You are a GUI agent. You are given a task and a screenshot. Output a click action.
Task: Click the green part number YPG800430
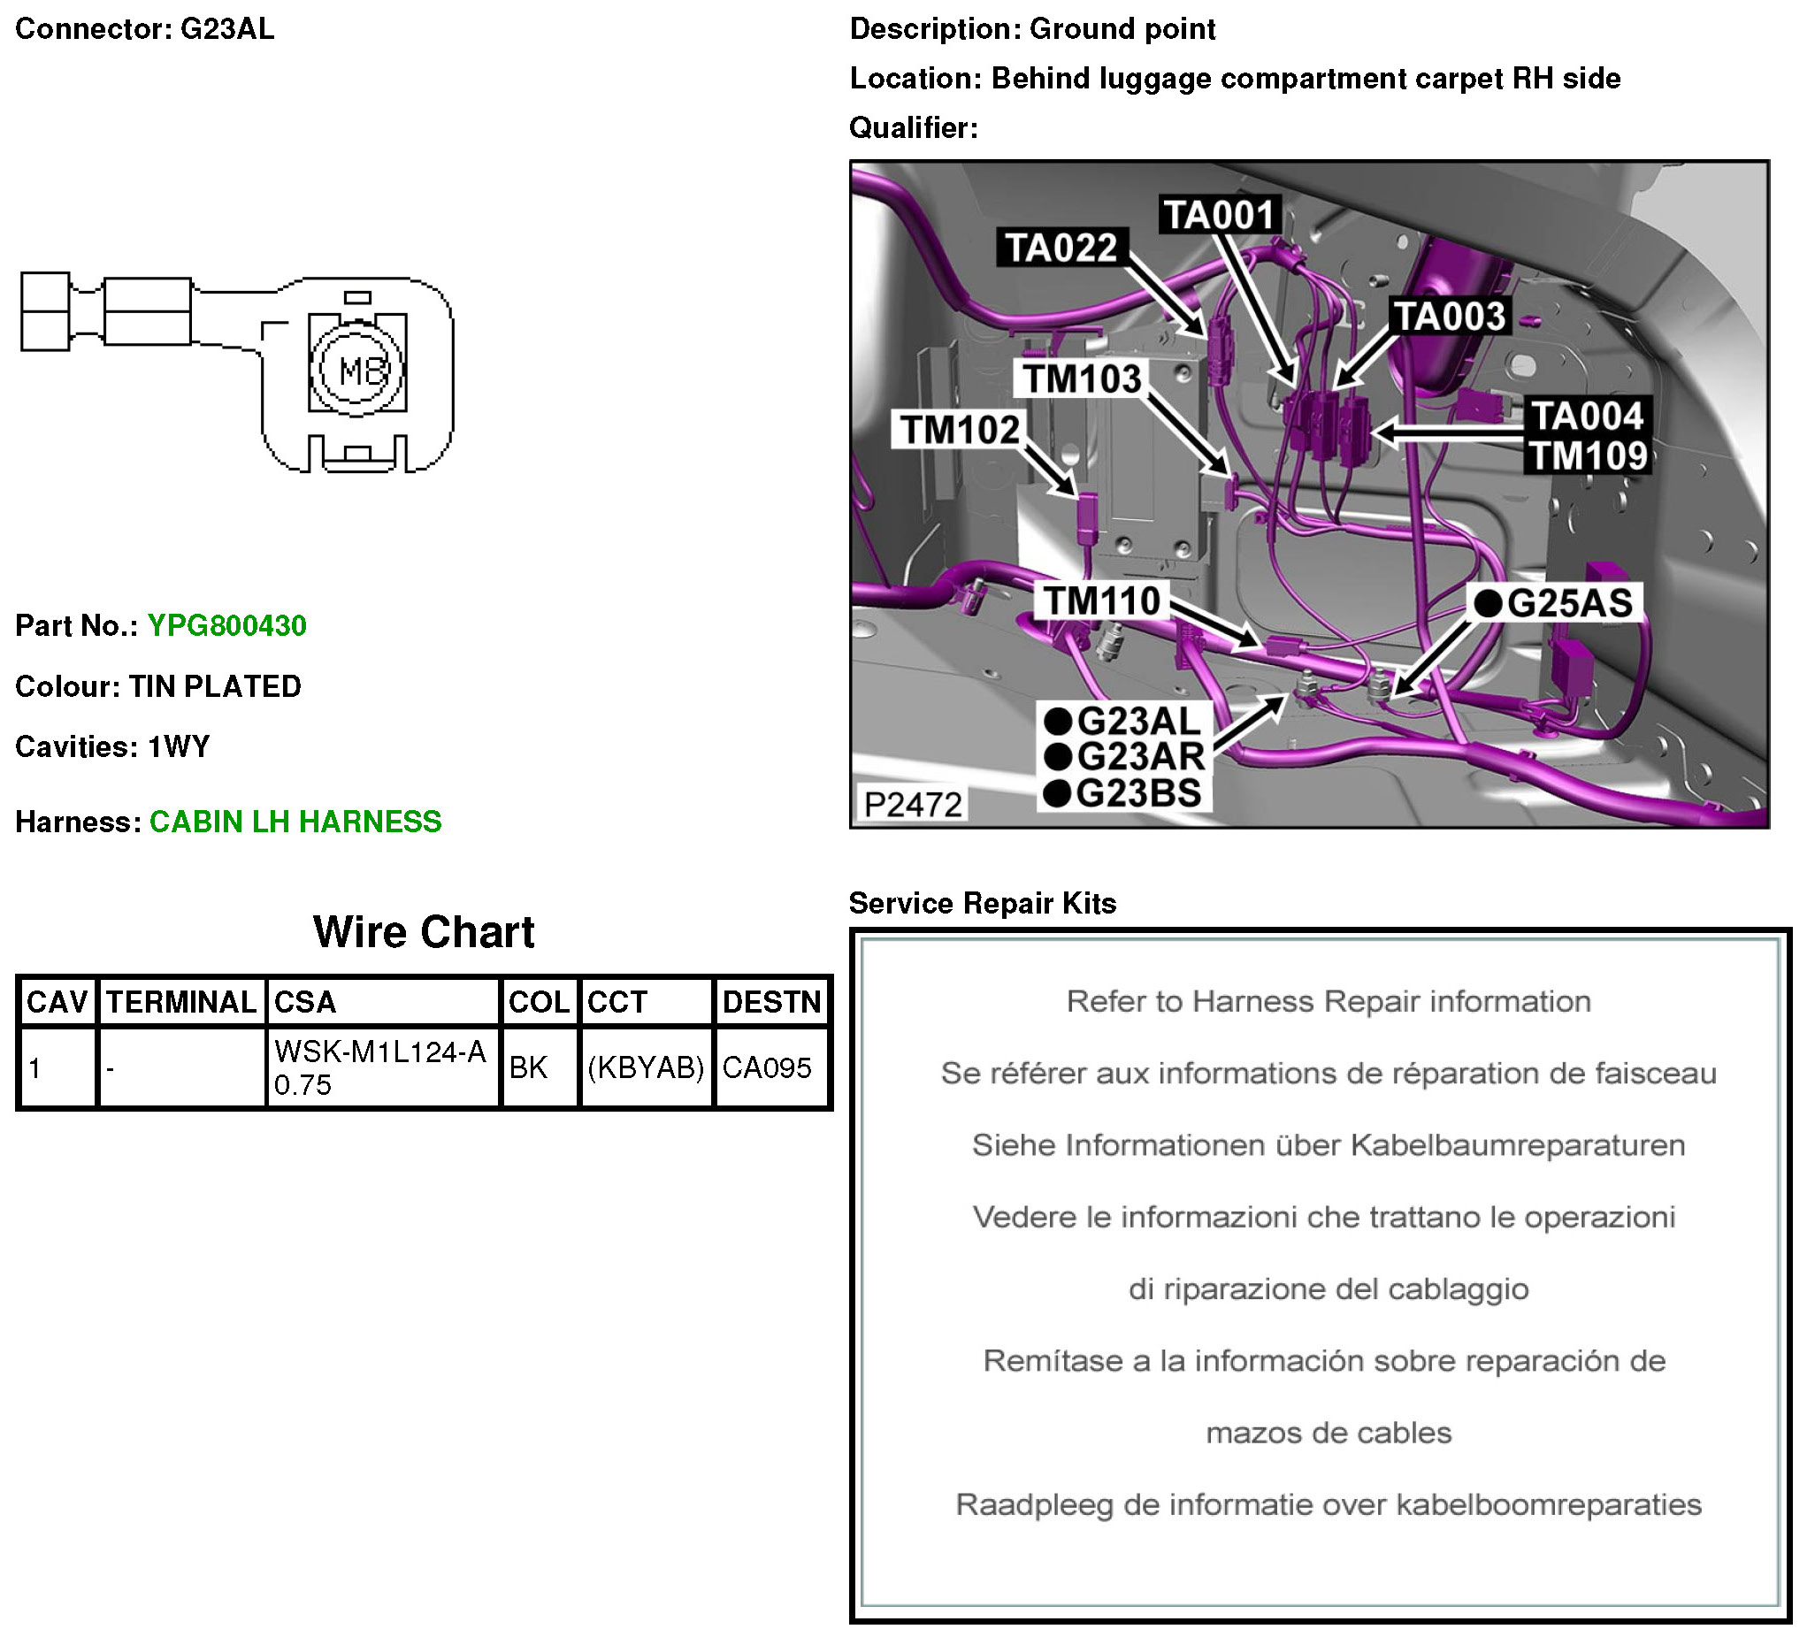point(226,625)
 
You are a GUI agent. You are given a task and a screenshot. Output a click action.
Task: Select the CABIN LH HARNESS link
point(295,822)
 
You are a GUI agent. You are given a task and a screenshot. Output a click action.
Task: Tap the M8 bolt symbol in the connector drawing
point(358,369)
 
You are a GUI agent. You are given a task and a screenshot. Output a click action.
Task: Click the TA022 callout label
point(1061,248)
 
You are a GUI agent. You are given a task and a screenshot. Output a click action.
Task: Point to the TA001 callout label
point(1219,215)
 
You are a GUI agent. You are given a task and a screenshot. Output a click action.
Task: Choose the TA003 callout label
point(1450,316)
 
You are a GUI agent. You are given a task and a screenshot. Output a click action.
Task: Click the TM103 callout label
point(1081,379)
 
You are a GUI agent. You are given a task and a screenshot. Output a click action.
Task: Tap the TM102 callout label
point(960,430)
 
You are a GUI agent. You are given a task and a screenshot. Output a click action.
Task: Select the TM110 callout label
point(1102,600)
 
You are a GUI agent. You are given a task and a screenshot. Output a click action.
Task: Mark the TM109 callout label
point(1589,455)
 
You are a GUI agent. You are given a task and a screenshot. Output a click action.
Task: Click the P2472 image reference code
point(913,804)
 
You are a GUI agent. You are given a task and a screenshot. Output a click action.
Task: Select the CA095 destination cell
point(767,1067)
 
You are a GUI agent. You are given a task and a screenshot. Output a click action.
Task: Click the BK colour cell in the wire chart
point(528,1067)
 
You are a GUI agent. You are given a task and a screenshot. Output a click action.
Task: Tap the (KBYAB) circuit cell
point(646,1067)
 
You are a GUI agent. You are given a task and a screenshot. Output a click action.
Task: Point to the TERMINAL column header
point(181,1002)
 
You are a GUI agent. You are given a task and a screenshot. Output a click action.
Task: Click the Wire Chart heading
point(423,932)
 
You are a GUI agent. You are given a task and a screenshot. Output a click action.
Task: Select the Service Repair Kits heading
point(982,903)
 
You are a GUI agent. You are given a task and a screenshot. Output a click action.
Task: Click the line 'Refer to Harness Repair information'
point(1328,1001)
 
